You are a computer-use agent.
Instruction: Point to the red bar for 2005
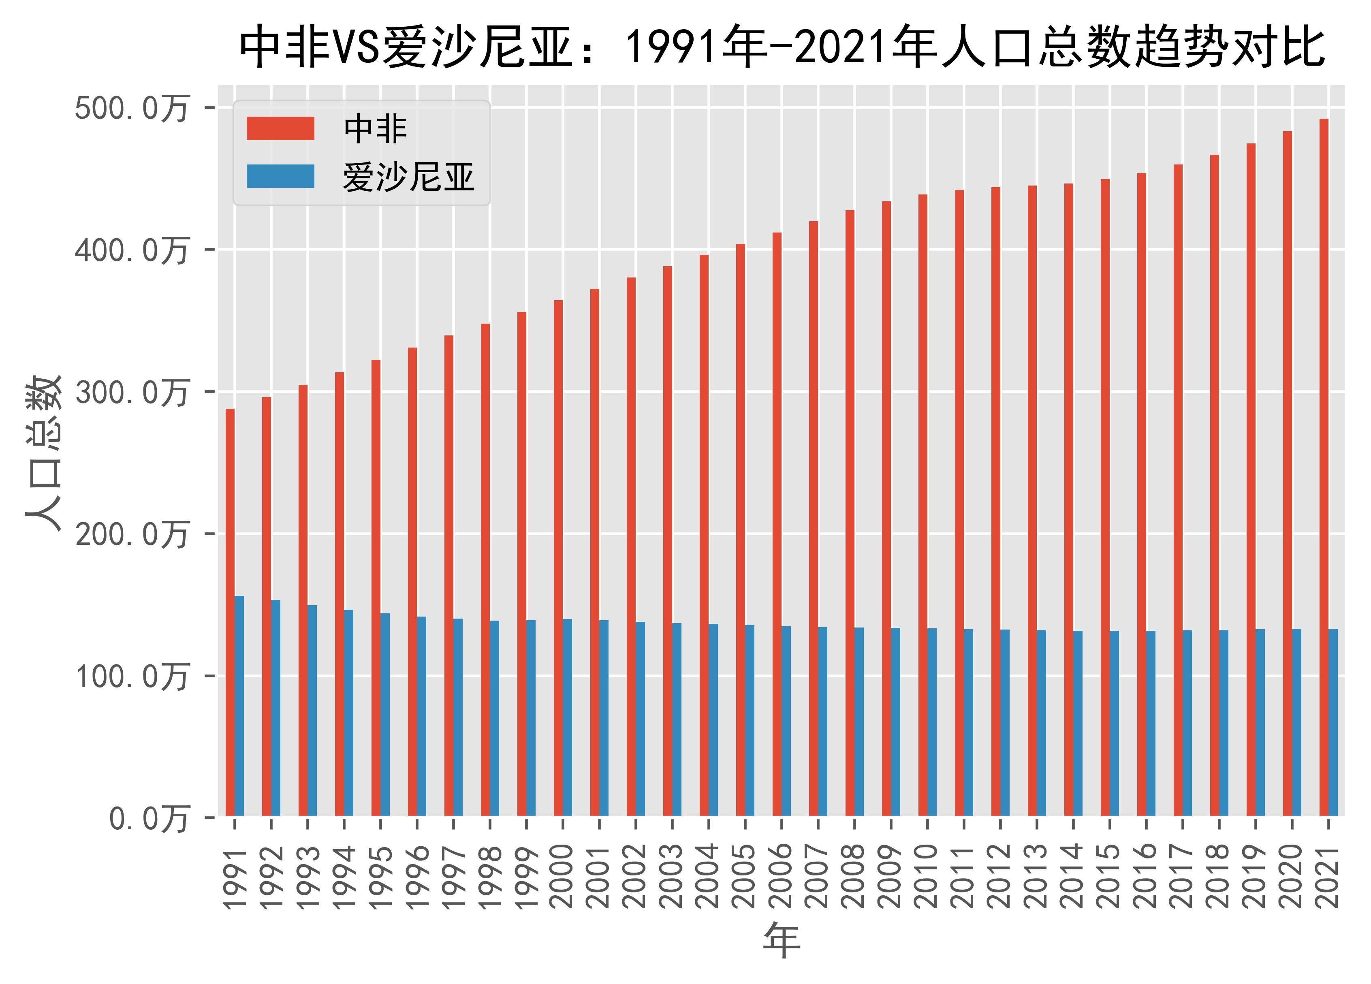741,529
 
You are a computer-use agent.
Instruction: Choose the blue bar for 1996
421,716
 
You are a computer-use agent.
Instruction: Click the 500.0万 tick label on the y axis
132,109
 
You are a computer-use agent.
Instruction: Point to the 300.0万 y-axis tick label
132,393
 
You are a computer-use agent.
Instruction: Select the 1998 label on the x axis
490,876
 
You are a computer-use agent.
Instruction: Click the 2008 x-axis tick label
854,876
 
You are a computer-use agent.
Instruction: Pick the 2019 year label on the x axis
1255,876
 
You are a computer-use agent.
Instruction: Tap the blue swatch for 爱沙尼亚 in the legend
280,177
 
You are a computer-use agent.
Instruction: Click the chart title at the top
782,47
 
